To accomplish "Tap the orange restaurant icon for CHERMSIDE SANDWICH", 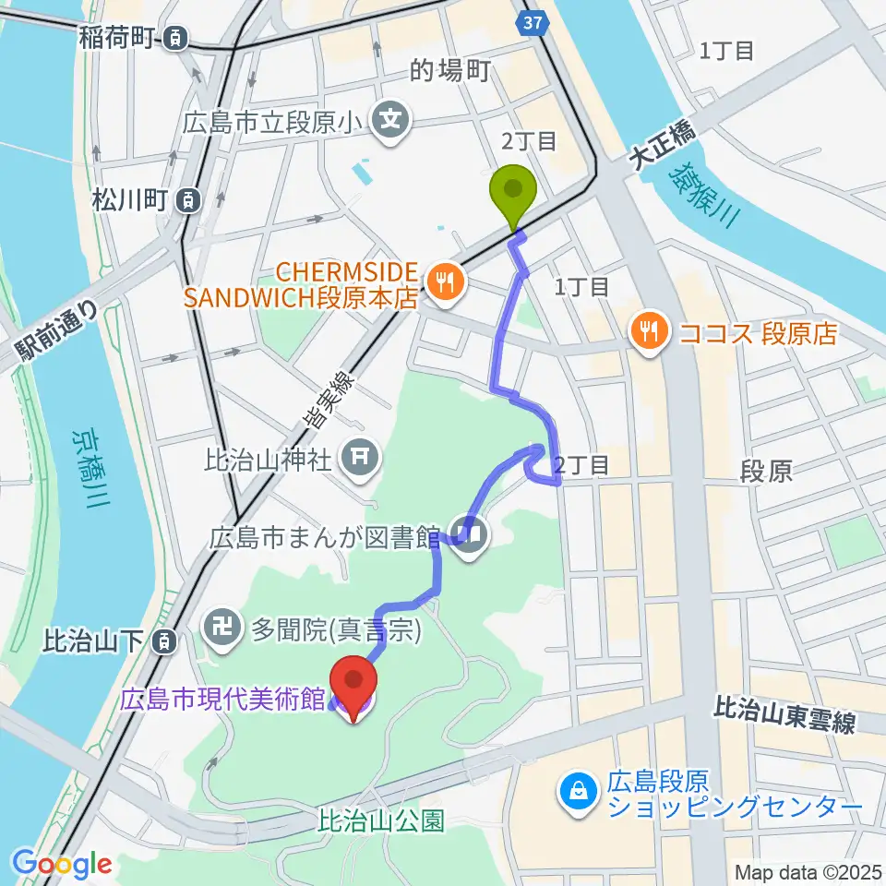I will pyautogui.click(x=445, y=283).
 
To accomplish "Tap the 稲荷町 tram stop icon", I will pyautogui.click(x=174, y=38).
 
